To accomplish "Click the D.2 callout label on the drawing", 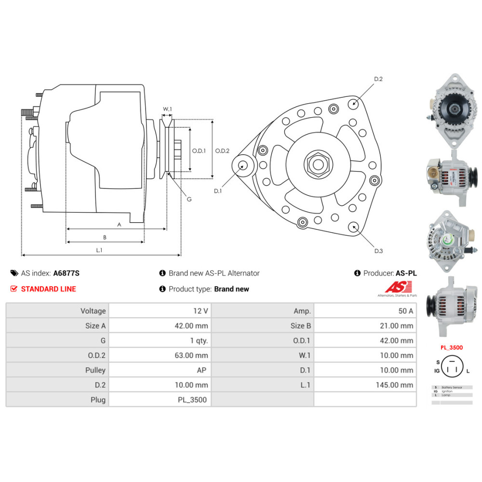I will point(378,79).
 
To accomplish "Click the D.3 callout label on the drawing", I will point(378,251).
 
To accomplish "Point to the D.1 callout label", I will point(218,191).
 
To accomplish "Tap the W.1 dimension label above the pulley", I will point(167,109).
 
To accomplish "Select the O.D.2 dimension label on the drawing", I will point(222,150).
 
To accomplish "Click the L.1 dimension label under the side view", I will point(99,250).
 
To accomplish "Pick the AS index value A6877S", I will point(66,273).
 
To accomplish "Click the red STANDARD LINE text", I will point(48,289).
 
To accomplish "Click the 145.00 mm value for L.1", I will point(394,385).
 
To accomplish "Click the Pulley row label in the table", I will point(94,370).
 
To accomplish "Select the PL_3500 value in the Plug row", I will point(193,400).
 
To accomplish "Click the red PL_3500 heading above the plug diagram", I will point(451,347).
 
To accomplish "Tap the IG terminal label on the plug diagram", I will point(437,371).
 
